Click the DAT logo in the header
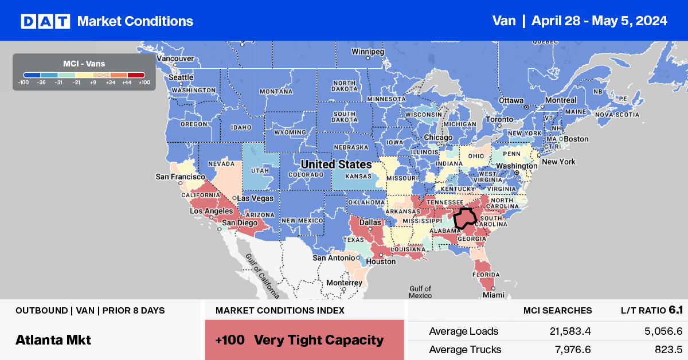(45, 21)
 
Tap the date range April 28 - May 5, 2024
(599, 21)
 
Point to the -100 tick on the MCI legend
(24, 83)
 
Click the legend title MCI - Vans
(84, 63)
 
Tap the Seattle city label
(181, 77)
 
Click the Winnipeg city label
(367, 51)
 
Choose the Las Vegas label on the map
(255, 198)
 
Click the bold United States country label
(337, 164)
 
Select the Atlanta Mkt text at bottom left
(53, 339)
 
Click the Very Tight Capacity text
(319, 339)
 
